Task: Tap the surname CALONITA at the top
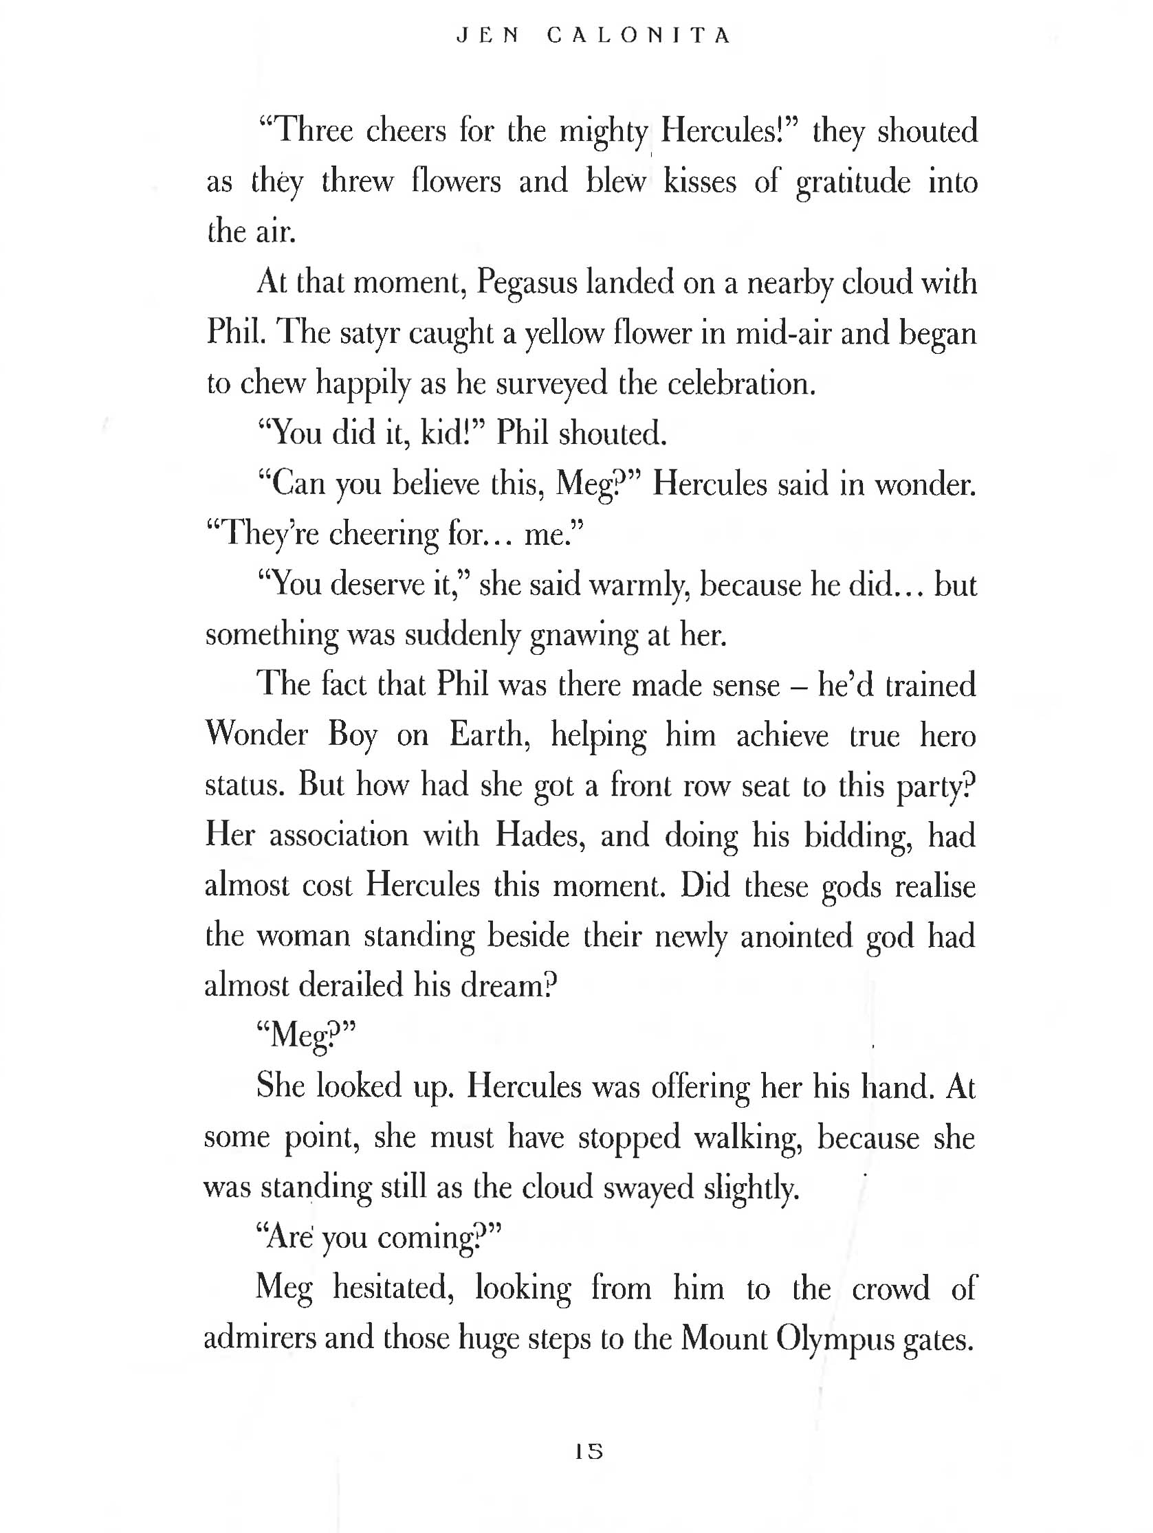[x=639, y=35]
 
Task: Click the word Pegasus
[x=527, y=283]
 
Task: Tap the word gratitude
[x=853, y=181]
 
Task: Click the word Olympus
[x=835, y=1339]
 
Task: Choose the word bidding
[x=859, y=836]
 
